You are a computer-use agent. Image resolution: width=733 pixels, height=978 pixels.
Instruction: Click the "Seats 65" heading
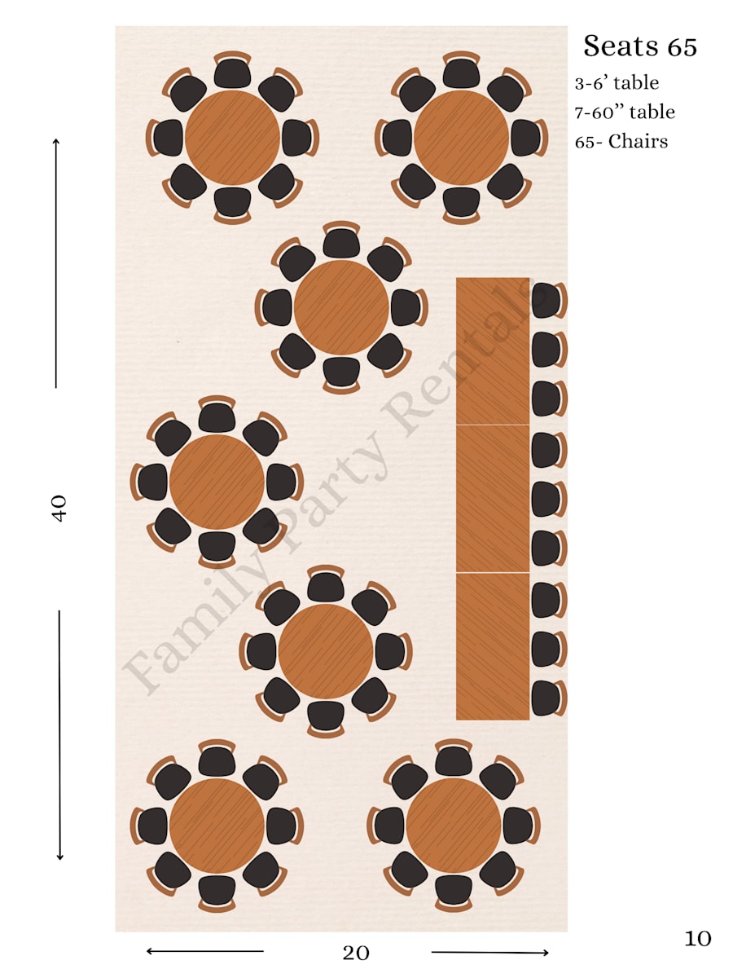click(x=639, y=46)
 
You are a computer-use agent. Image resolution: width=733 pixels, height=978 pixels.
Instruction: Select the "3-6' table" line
click(x=617, y=83)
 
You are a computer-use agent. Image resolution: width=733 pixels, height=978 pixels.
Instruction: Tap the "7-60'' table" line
click(x=625, y=112)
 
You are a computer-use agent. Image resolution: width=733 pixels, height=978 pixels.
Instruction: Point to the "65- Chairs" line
click(x=621, y=142)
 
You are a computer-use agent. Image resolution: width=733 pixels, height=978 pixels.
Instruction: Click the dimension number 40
click(x=59, y=508)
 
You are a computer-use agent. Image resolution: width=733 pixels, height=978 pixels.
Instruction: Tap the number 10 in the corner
click(x=697, y=939)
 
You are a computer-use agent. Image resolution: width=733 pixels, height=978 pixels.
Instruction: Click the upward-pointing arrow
click(x=56, y=263)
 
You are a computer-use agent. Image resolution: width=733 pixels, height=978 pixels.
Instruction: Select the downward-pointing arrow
click(x=59, y=735)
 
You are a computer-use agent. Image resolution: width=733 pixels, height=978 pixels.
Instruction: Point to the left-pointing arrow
click(x=204, y=952)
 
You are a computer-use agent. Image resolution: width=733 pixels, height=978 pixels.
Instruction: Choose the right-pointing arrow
click(x=490, y=952)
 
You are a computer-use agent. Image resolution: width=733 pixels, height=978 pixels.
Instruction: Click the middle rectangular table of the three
click(x=493, y=499)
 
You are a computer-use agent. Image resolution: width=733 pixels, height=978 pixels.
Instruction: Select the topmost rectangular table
click(x=493, y=351)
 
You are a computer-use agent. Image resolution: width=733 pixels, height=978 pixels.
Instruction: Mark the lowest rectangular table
click(x=493, y=646)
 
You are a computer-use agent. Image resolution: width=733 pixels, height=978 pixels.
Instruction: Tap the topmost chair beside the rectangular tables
click(x=548, y=300)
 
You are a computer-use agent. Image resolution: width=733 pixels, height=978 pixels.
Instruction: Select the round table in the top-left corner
click(x=232, y=138)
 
